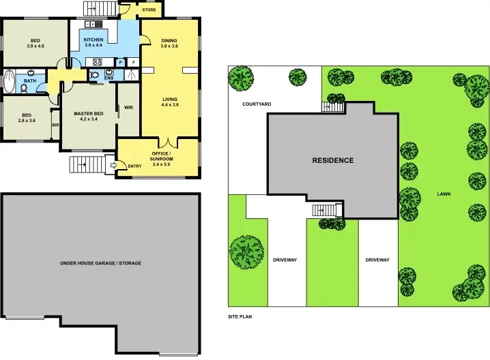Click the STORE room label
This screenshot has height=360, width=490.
149,10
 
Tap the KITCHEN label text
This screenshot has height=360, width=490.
93,40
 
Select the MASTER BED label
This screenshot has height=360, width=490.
89,113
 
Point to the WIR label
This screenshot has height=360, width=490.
128,108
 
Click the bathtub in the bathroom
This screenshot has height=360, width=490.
8,81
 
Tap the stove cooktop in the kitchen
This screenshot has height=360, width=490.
98,62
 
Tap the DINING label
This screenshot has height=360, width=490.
169,41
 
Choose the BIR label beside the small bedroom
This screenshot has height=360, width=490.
55,125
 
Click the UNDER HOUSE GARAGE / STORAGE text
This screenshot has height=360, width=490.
100,262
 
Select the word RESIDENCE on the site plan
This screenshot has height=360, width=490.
332,161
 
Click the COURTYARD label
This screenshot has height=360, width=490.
257,104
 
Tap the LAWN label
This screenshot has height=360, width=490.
444,194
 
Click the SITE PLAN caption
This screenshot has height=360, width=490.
240,317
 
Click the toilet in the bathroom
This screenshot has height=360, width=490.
25,89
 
